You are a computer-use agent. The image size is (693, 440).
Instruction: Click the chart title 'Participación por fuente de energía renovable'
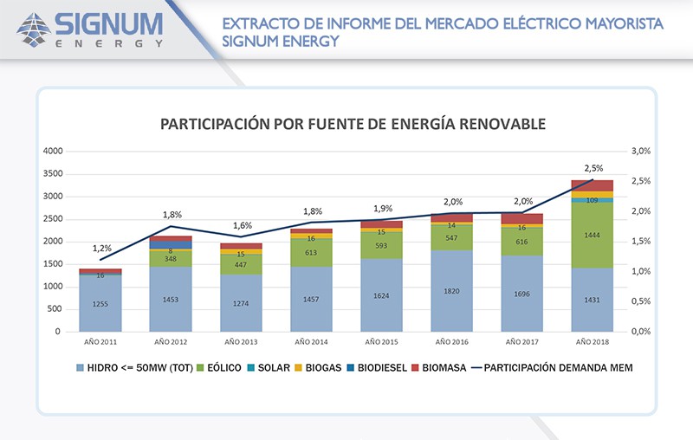[353, 125]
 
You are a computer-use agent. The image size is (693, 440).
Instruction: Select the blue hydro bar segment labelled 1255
[100, 304]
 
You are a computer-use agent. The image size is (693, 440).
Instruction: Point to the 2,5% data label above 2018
[593, 168]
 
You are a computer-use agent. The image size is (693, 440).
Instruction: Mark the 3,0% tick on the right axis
[640, 151]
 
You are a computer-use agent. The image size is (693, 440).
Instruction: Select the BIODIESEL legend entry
[381, 368]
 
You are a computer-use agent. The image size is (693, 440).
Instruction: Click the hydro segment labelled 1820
[451, 291]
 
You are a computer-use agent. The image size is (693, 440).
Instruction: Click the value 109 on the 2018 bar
[592, 201]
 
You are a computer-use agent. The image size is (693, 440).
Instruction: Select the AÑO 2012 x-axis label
[171, 341]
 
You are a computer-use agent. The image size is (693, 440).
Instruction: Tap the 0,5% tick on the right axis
[640, 301]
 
